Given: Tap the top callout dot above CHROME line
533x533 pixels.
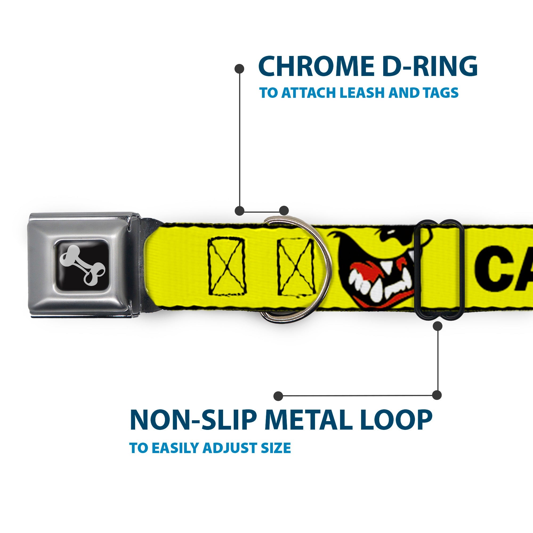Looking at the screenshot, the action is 239,69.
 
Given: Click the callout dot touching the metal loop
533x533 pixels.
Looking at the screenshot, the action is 438,326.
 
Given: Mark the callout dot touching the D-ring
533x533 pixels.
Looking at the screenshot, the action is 284,211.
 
